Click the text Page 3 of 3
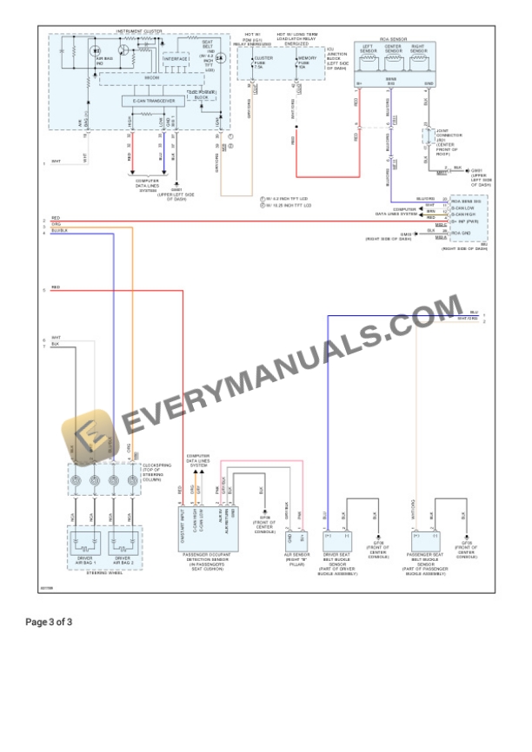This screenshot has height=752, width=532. pos(49,622)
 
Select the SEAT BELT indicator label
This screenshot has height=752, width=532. pos(207,45)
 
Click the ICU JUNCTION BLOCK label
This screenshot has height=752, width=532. pos(334,57)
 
